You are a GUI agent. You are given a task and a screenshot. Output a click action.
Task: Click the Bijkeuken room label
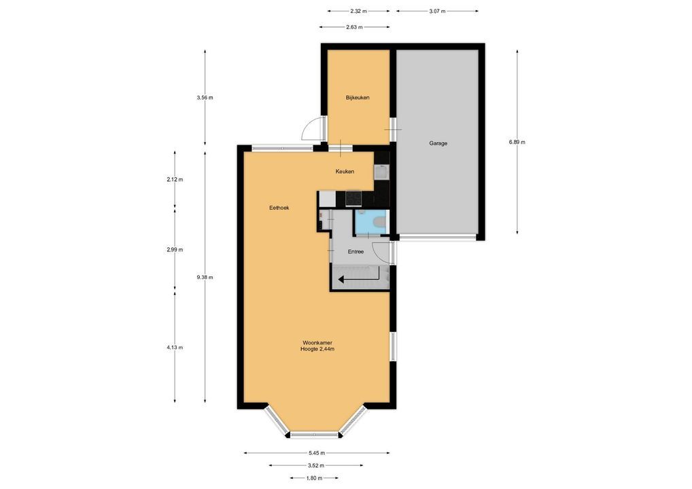pyautogui.click(x=358, y=97)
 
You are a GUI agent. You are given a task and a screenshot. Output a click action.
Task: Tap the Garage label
pyautogui.click(x=438, y=143)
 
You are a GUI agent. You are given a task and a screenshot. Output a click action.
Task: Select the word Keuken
pyautogui.click(x=345, y=172)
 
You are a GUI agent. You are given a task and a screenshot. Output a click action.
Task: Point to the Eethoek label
pyautogui.click(x=279, y=208)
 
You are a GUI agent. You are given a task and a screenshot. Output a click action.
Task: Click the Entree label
pyautogui.click(x=356, y=252)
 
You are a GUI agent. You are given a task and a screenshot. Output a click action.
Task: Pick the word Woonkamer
pyautogui.click(x=317, y=342)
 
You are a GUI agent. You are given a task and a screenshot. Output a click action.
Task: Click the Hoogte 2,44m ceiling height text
pyautogui.click(x=317, y=349)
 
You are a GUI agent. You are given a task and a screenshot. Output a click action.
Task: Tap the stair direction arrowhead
pyautogui.click(x=342, y=279)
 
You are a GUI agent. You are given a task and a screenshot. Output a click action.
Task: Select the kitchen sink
pyautogui.click(x=381, y=172)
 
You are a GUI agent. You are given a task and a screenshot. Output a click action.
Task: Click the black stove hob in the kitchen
pyautogui.click(x=353, y=198)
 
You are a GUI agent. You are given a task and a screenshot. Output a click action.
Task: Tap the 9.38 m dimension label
pyautogui.click(x=205, y=277)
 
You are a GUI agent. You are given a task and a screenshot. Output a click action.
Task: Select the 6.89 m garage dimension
pyautogui.click(x=517, y=142)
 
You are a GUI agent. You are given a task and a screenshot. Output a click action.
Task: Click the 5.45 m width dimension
pyautogui.click(x=317, y=453)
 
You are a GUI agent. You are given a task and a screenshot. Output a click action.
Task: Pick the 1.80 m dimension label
pyautogui.click(x=314, y=478)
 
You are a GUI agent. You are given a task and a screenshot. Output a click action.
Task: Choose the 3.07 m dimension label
pyautogui.click(x=437, y=11)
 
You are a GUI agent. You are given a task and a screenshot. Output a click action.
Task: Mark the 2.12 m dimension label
pyautogui.click(x=175, y=179)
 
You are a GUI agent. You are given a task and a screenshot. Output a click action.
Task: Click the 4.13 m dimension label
pyautogui.click(x=175, y=348)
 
